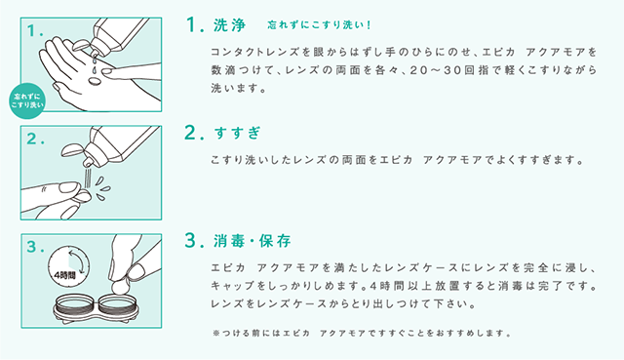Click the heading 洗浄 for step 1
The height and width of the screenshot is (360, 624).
(x=230, y=25)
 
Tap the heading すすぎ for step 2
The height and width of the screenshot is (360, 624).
(x=237, y=133)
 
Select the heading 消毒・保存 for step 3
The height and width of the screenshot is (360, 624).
(x=253, y=241)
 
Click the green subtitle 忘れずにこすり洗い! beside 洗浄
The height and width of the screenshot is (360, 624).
(x=319, y=25)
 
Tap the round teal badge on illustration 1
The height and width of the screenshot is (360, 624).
(x=27, y=101)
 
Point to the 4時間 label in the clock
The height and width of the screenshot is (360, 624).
(x=64, y=275)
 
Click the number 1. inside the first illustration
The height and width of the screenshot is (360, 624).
(x=35, y=31)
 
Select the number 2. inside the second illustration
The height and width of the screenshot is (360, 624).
(x=35, y=139)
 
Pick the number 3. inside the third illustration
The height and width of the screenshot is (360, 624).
(x=35, y=247)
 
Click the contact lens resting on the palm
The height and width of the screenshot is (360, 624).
(x=96, y=81)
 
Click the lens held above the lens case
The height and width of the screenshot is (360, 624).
(x=119, y=286)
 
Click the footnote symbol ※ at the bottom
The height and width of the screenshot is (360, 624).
(x=216, y=334)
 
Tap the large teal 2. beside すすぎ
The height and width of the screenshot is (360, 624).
(x=194, y=133)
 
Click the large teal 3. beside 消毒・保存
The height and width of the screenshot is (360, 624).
(x=194, y=241)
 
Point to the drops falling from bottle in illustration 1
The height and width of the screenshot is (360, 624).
(x=95, y=63)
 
